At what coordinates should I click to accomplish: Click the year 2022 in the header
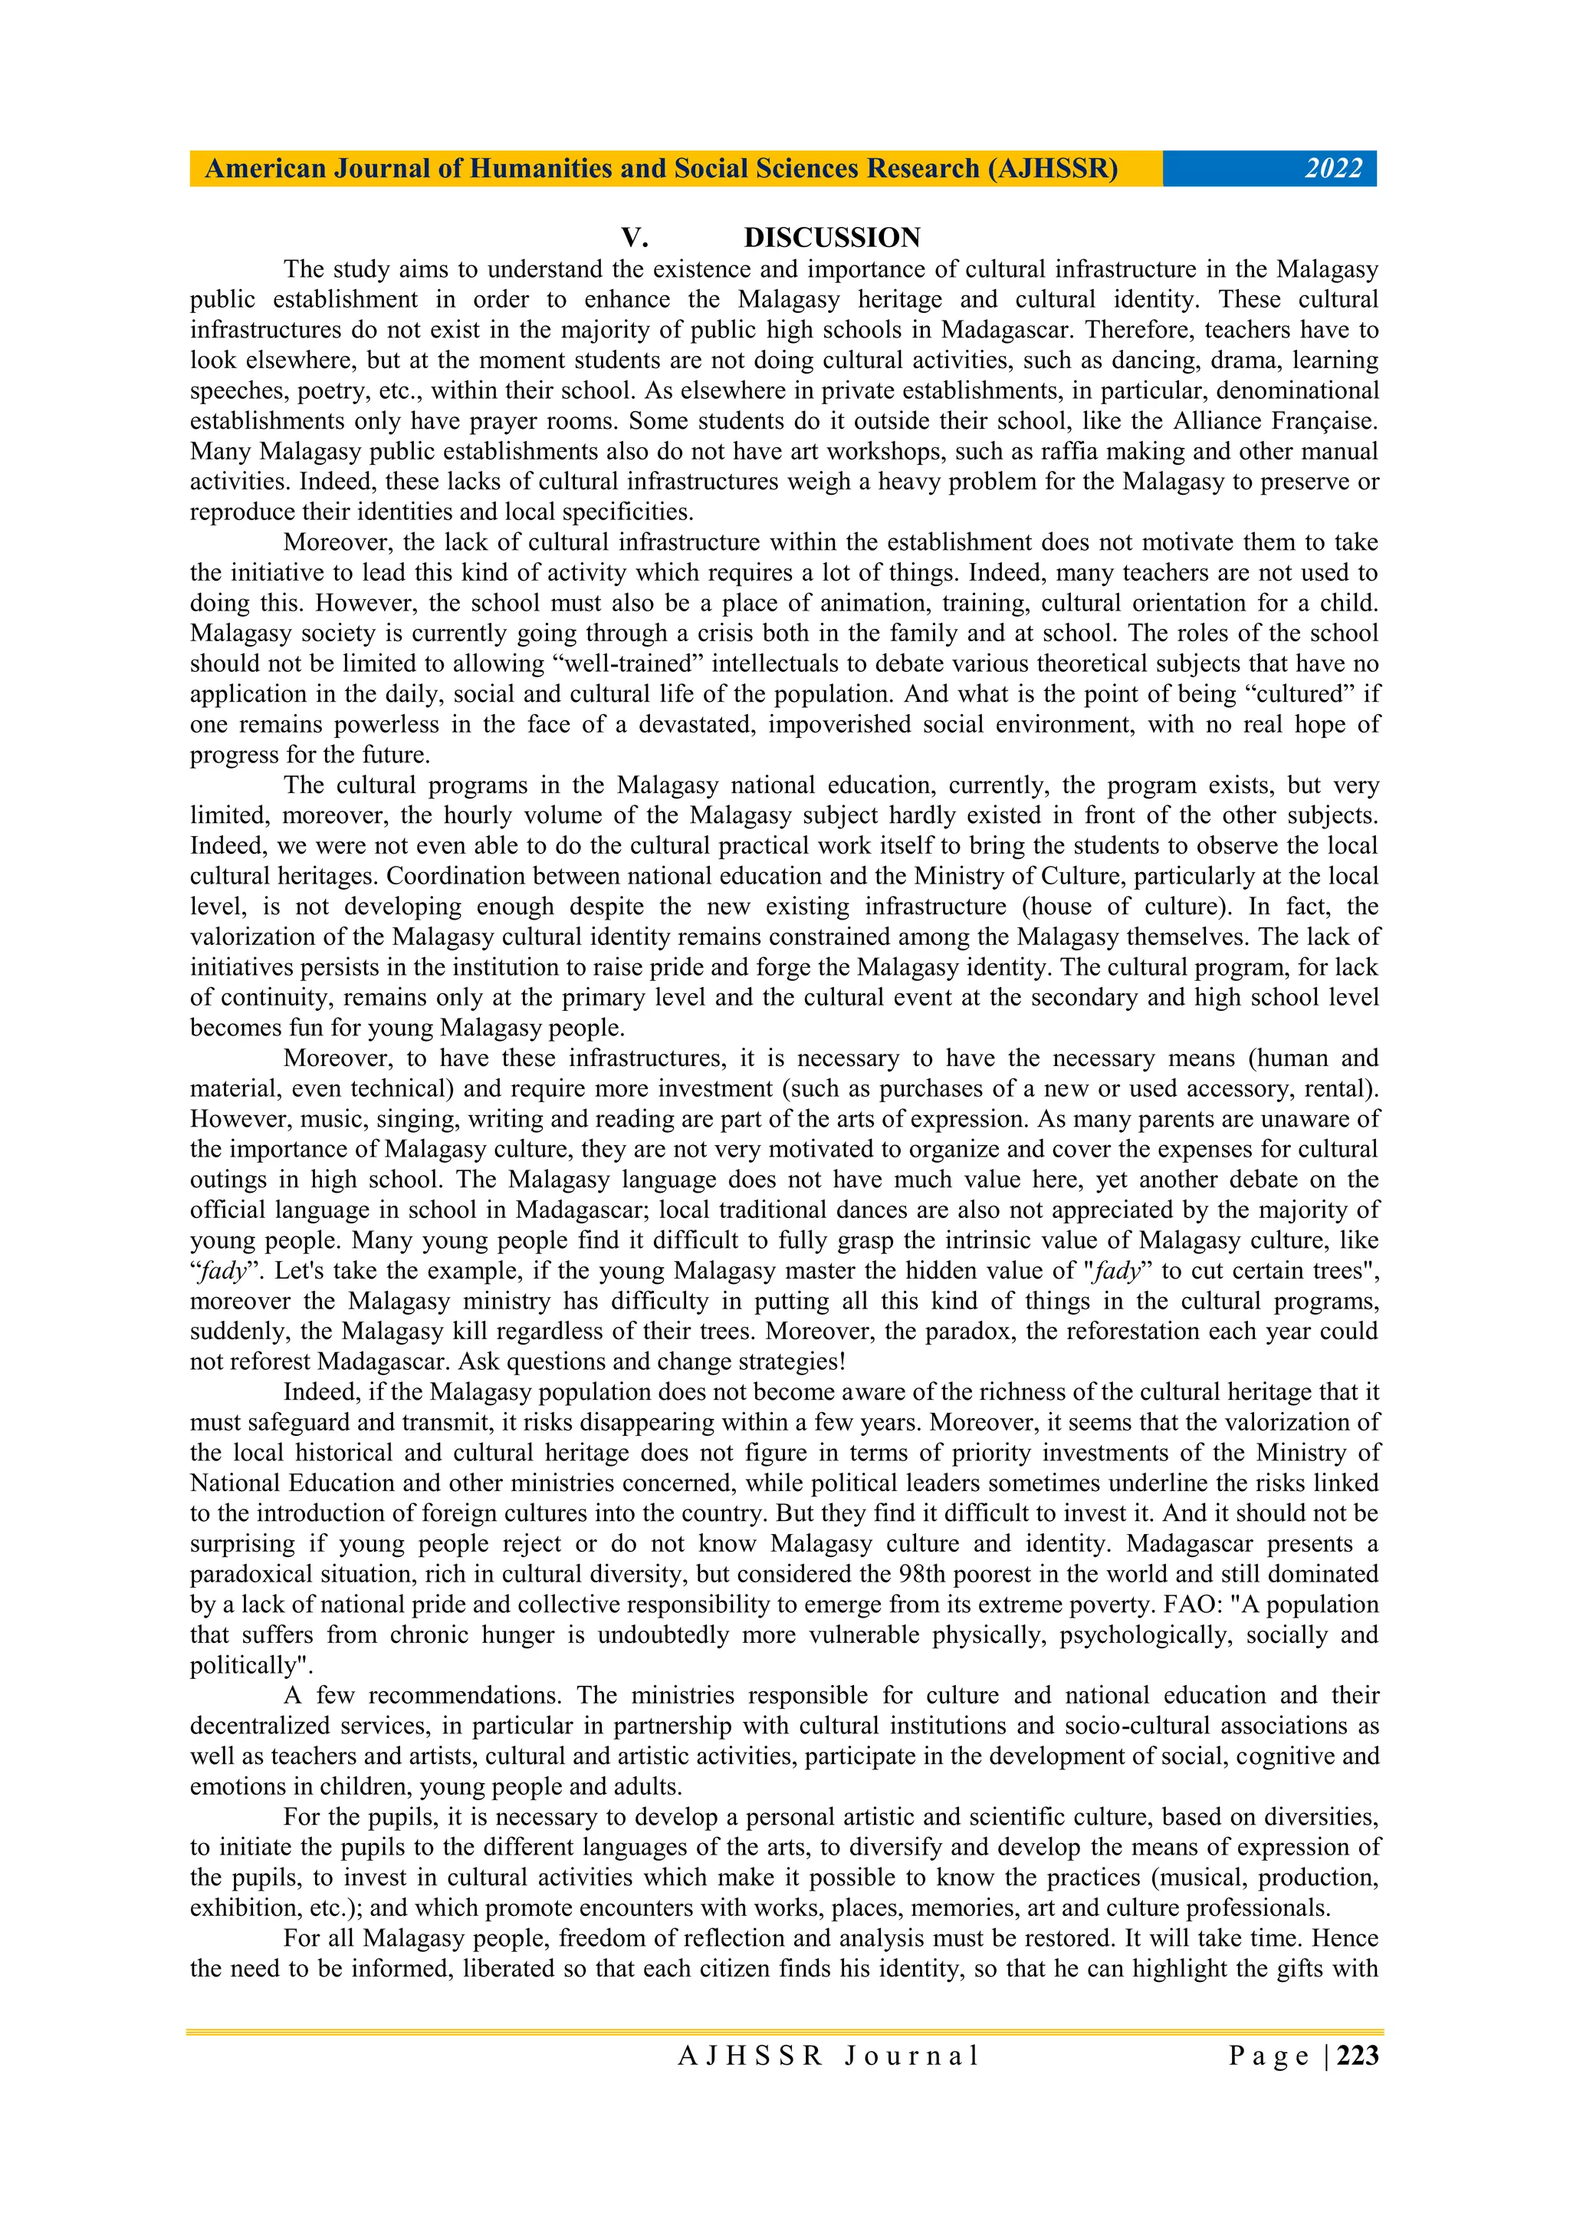click(x=1333, y=170)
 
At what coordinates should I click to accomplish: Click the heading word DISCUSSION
click(x=832, y=237)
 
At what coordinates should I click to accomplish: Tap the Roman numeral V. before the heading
click(x=634, y=237)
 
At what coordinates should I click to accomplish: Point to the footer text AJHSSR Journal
click(x=828, y=2056)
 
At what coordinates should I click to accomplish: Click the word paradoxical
click(x=255, y=1574)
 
